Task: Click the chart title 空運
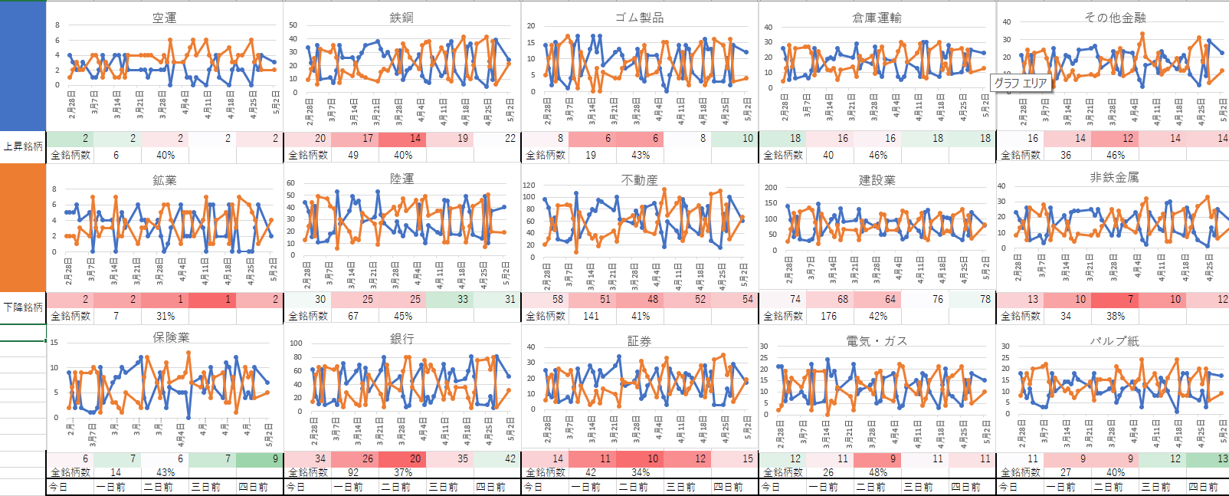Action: click(x=165, y=18)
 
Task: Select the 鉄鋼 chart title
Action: click(x=401, y=18)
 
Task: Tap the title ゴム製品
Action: click(x=639, y=18)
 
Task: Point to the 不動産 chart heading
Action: click(x=639, y=179)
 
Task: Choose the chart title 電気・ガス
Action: click(x=877, y=341)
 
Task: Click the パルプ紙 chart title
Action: click(x=1114, y=341)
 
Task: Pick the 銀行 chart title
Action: click(x=401, y=339)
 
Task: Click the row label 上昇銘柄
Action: click(x=23, y=146)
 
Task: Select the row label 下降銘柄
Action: click(x=23, y=307)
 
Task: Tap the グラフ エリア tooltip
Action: click(x=1021, y=83)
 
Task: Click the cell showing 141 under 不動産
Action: click(x=592, y=316)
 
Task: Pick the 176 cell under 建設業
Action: click(x=829, y=316)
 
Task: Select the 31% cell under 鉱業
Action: click(x=166, y=316)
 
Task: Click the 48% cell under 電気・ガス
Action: click(x=878, y=472)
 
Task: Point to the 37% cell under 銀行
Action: click(x=403, y=472)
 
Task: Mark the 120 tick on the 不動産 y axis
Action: click(x=529, y=185)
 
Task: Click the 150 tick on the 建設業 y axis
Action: click(x=771, y=203)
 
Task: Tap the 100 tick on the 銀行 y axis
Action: click(x=296, y=343)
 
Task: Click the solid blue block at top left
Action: click(x=23, y=65)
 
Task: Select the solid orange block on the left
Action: click(x=23, y=228)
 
